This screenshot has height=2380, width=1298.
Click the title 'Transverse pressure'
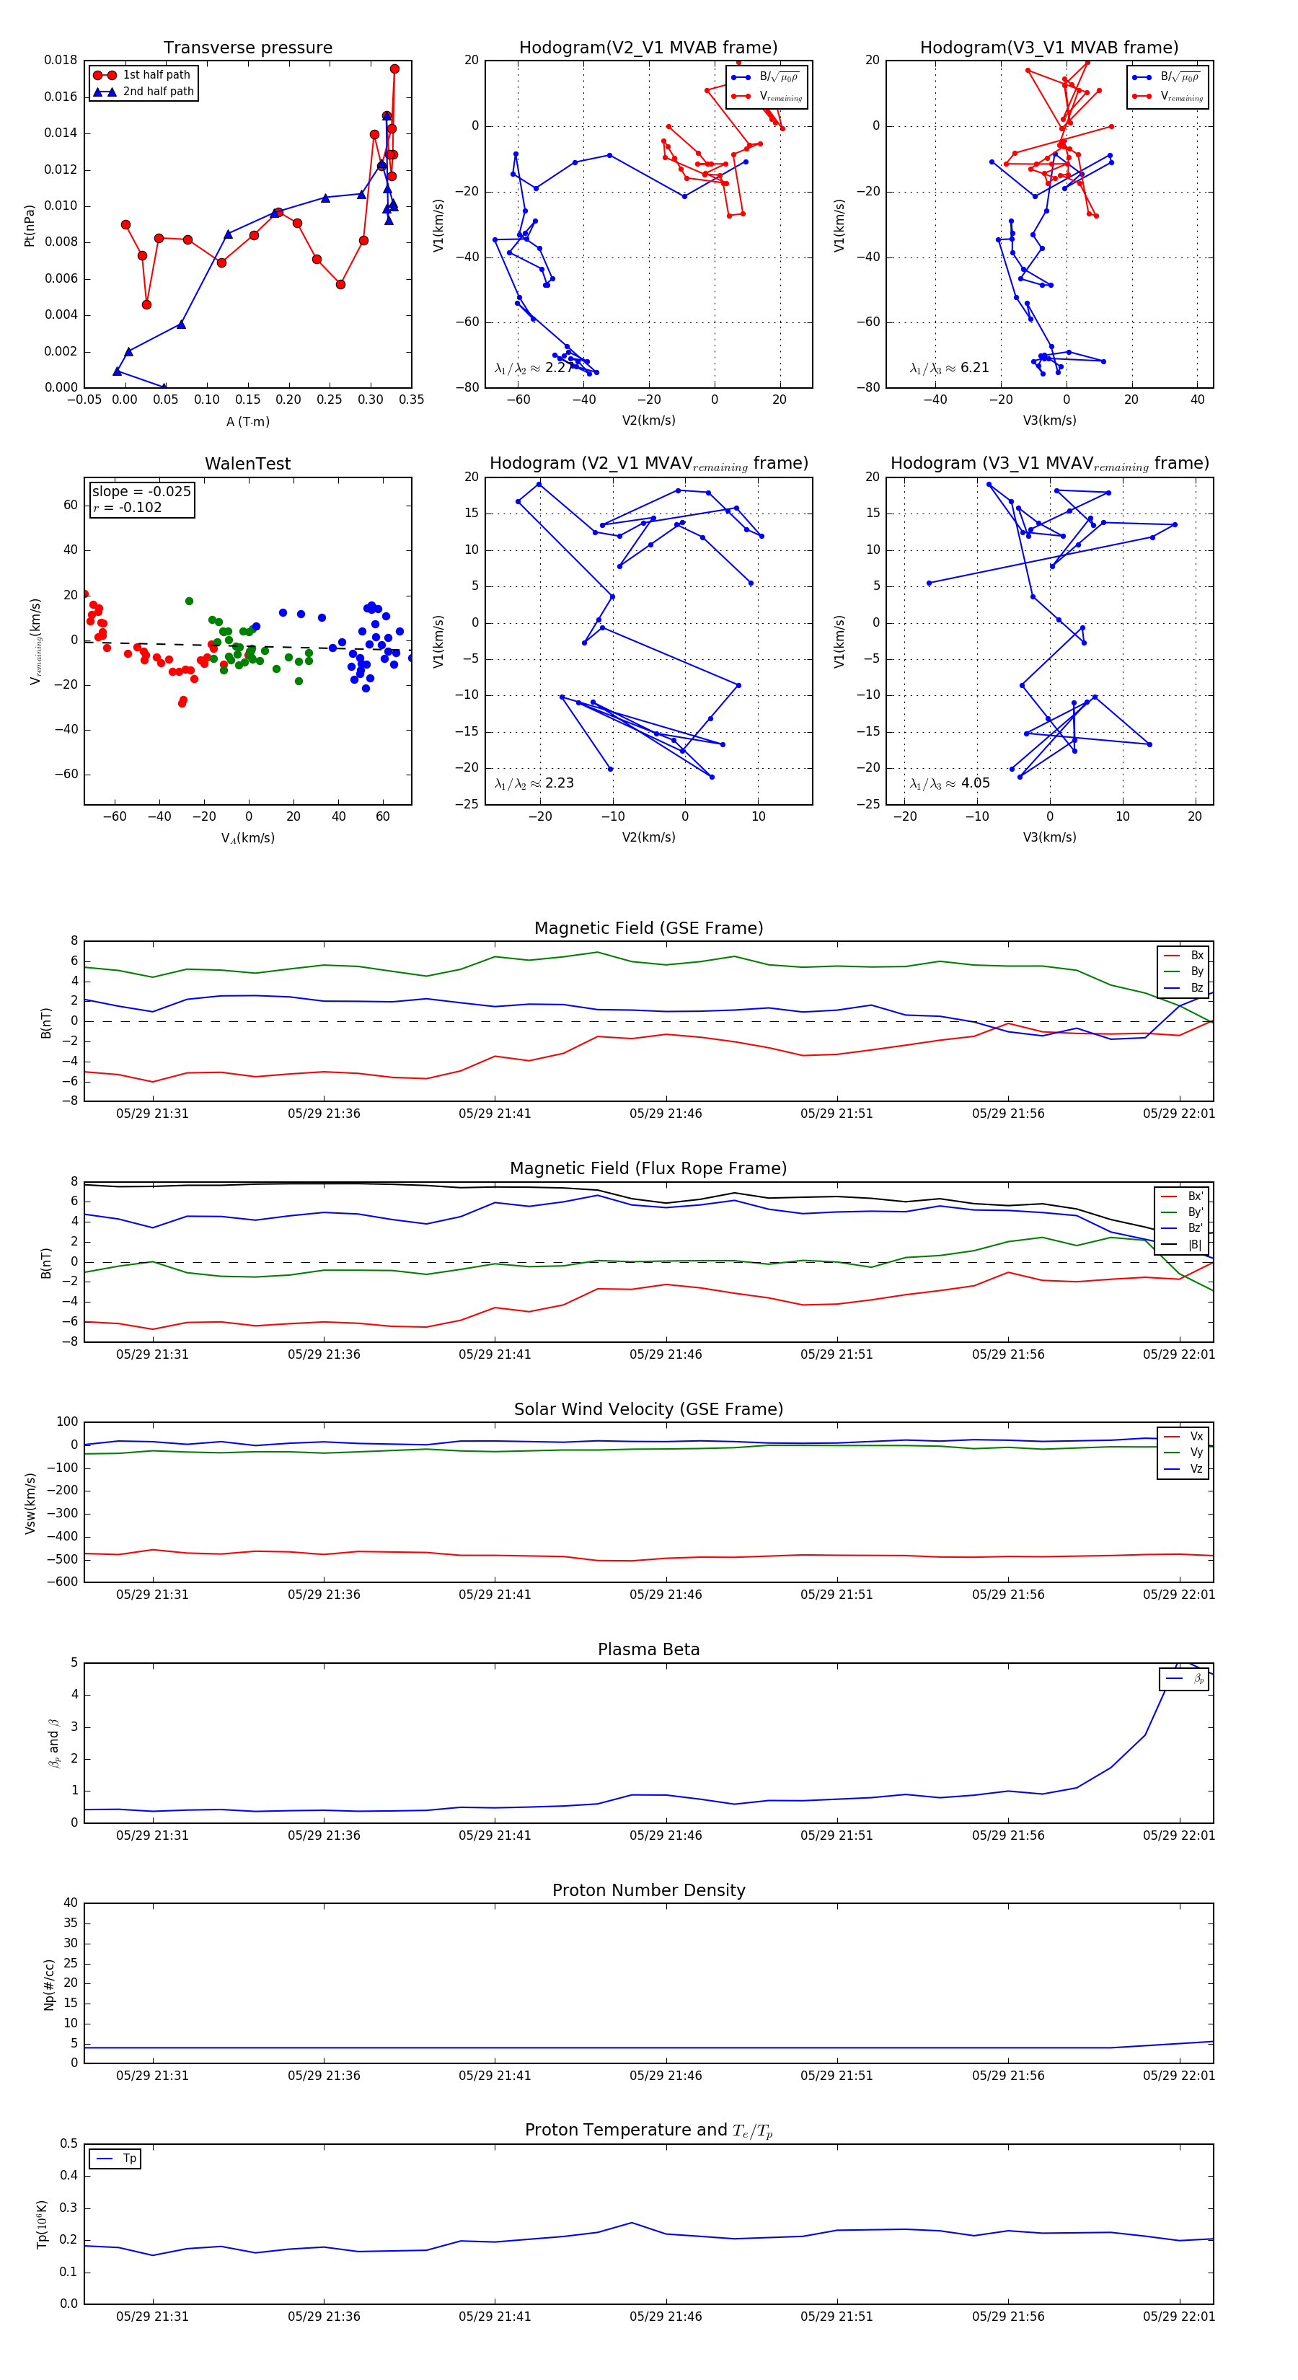point(247,48)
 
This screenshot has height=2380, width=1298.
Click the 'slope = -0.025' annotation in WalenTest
point(141,492)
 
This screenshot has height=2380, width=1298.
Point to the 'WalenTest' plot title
point(247,464)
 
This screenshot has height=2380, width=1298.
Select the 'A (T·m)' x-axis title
point(247,421)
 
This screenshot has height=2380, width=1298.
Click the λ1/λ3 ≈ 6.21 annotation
point(949,368)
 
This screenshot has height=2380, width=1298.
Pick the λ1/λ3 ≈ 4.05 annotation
point(949,783)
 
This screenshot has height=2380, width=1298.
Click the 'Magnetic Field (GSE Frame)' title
point(648,928)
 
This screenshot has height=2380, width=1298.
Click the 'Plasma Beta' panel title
point(648,1650)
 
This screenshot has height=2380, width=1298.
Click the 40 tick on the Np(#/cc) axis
point(70,1903)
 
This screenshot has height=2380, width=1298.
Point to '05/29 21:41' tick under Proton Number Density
point(494,2076)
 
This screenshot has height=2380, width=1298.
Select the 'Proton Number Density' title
point(648,1890)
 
